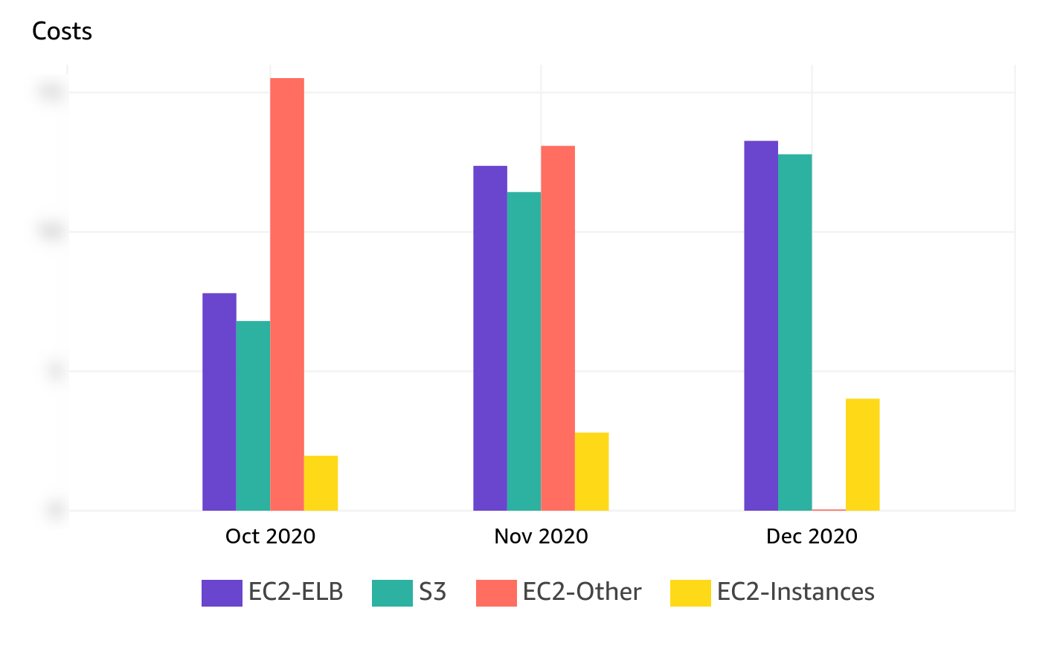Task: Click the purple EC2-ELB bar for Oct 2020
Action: tap(219, 401)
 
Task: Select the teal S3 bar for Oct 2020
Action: tap(253, 416)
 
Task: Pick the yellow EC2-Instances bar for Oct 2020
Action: tap(321, 483)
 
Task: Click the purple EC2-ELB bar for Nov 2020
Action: tap(489, 338)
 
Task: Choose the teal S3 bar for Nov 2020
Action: tap(524, 351)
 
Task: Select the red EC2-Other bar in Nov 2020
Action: tap(557, 328)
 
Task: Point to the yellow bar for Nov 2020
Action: tap(591, 471)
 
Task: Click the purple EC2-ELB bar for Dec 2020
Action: tap(760, 326)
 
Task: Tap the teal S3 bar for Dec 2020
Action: tap(794, 332)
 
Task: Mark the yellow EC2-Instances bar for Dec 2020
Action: tap(862, 454)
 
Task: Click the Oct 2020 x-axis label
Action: tap(270, 536)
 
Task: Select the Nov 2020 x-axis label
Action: tap(541, 536)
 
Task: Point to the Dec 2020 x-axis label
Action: tap(812, 536)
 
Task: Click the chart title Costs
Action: tap(62, 31)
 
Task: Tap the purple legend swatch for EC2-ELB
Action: tap(222, 592)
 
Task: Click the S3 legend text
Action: tap(432, 592)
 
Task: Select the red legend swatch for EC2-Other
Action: tap(496, 592)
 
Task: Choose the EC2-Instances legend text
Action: tap(795, 592)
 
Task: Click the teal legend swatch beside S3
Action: tap(392, 592)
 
